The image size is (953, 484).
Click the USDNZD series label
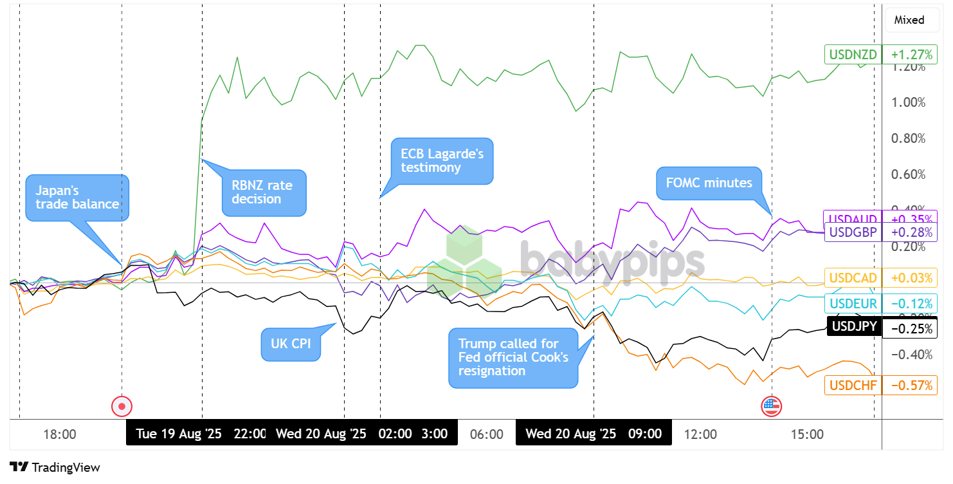click(853, 54)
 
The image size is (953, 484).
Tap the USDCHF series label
click(853, 386)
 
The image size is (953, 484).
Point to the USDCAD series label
click(853, 278)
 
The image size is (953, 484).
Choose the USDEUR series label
click(853, 303)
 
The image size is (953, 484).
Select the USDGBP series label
click(853, 232)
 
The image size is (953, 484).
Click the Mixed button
click(909, 20)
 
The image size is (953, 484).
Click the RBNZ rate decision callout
click(264, 192)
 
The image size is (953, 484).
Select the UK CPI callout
click(291, 344)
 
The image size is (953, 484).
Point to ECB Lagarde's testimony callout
click(442, 160)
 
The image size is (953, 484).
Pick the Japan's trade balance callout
click(77, 197)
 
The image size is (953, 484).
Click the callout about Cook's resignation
click(513, 357)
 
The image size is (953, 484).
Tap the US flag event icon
click(771, 406)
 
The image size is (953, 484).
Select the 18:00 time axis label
click(60, 434)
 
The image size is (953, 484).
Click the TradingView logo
click(55, 467)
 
